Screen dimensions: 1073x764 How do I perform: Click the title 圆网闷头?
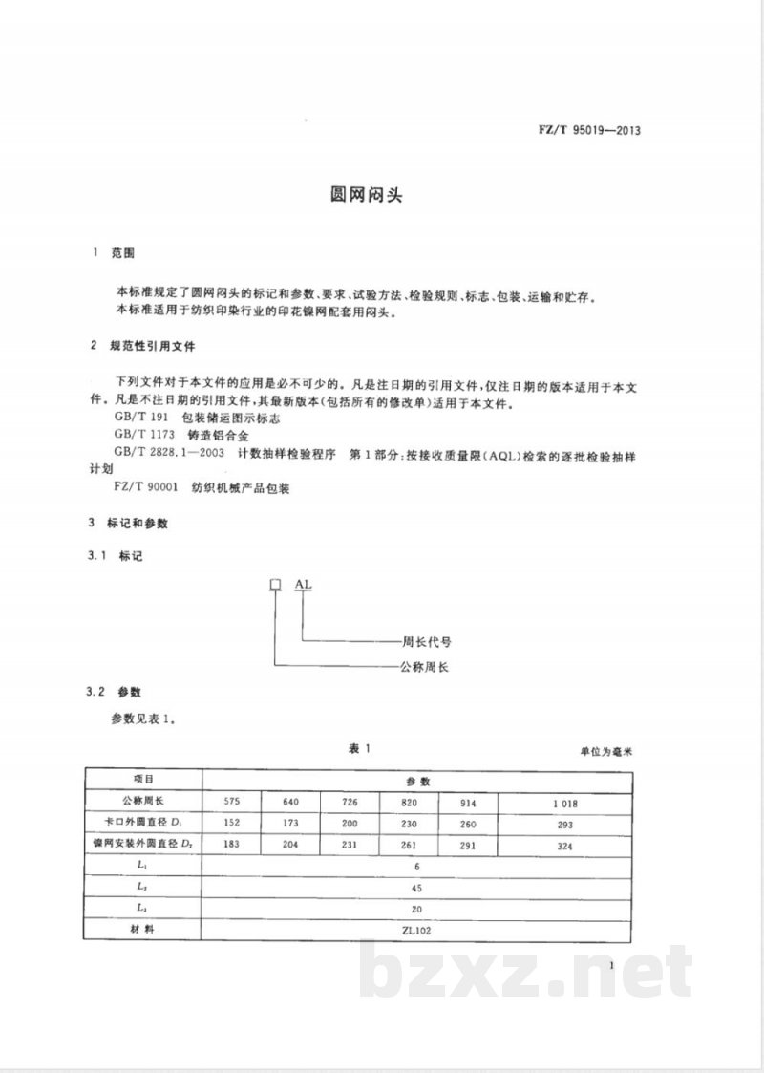pos(365,197)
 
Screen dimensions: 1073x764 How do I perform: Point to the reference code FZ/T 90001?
pos(145,487)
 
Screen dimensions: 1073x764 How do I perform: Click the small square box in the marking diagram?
pos(275,584)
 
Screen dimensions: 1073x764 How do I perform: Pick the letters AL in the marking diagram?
pos(302,584)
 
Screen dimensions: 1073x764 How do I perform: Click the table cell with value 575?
pos(232,801)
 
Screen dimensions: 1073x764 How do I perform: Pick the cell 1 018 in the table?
pos(565,802)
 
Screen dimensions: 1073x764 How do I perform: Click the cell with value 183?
pos(232,844)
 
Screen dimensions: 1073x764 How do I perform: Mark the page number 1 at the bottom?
pos(609,966)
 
